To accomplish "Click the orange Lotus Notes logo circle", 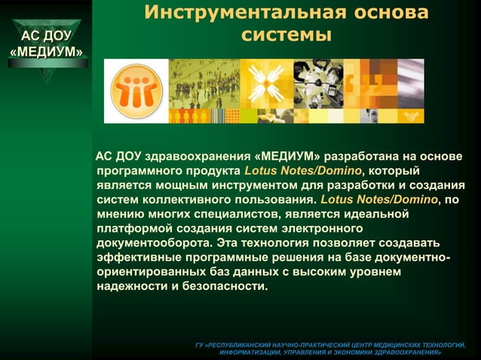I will tap(136, 91).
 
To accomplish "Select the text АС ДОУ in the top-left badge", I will tap(46, 35).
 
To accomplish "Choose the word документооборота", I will tap(154, 243).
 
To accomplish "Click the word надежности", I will tap(133, 286).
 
